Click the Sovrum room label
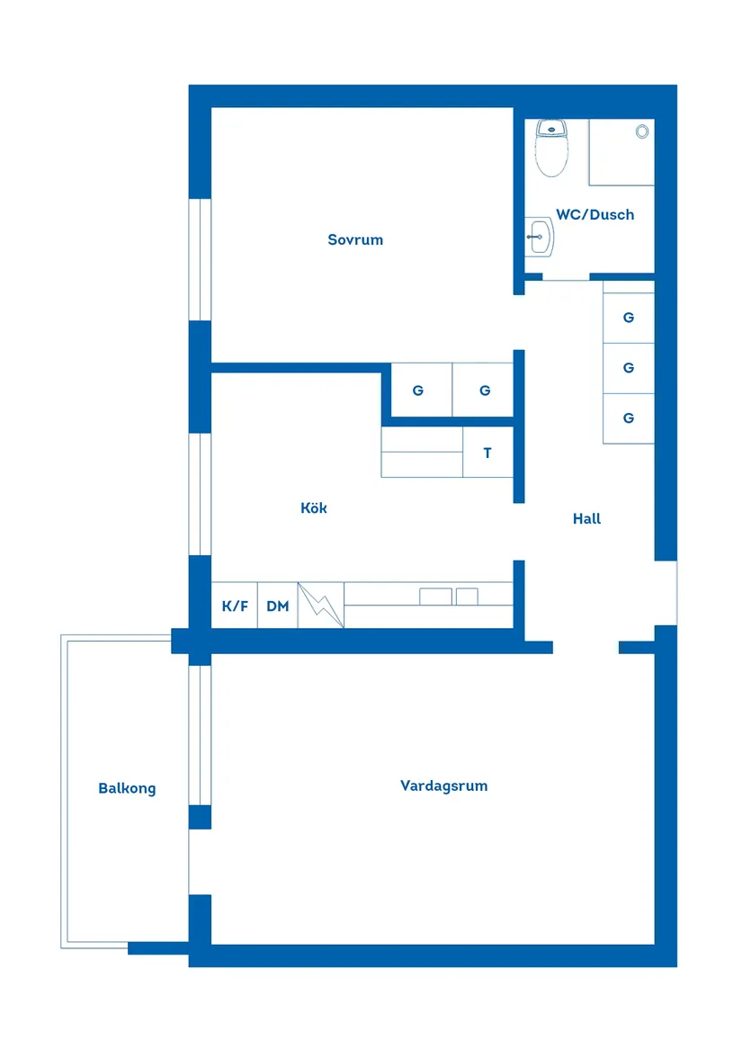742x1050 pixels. click(x=355, y=239)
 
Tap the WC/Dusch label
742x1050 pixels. click(x=594, y=214)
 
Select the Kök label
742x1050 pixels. click(x=314, y=508)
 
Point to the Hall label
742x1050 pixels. click(x=586, y=518)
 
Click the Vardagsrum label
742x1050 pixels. click(x=443, y=785)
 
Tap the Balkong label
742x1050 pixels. click(x=127, y=788)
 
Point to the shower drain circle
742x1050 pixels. click(x=642, y=131)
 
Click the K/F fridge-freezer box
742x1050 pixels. click(x=235, y=606)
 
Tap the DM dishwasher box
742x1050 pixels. click(x=278, y=606)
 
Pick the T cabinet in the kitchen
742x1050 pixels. click(x=487, y=453)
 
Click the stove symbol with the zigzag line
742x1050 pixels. click(x=321, y=606)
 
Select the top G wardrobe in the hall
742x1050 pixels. click(x=628, y=318)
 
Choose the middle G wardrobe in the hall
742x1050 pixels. click(x=628, y=368)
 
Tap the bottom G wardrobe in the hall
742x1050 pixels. click(x=628, y=418)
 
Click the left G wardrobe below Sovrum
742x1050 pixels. click(x=417, y=390)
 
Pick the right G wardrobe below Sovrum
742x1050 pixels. click(x=485, y=390)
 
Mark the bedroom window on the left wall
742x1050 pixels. click(x=201, y=259)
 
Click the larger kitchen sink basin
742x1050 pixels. click(x=436, y=596)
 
